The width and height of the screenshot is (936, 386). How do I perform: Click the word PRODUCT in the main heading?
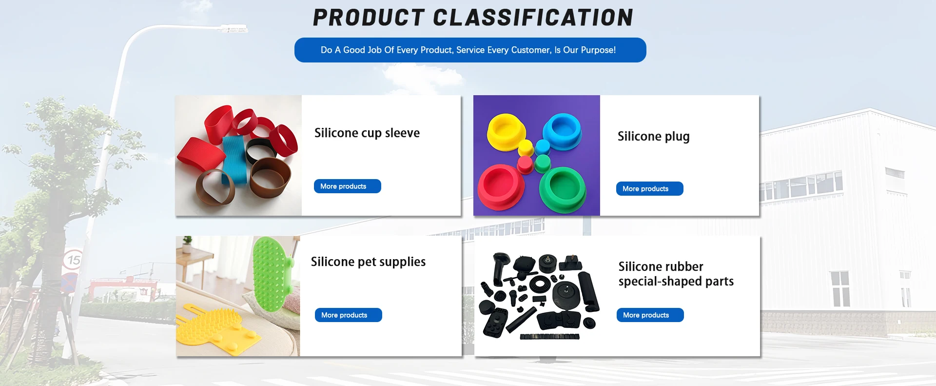coord(369,18)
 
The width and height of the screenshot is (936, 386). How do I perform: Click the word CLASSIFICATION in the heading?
coord(533,18)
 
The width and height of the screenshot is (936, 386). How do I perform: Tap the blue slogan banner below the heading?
coord(470,50)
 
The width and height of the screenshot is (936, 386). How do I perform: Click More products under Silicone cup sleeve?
coord(348,186)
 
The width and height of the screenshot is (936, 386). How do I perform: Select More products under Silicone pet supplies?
coord(349,315)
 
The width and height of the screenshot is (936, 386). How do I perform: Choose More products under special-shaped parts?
coord(650,315)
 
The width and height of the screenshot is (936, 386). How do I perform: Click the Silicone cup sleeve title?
coord(367,133)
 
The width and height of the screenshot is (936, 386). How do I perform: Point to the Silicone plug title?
coord(654,137)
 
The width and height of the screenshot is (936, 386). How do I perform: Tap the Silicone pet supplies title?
coord(369,262)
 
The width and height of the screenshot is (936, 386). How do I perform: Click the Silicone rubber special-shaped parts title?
coord(676,274)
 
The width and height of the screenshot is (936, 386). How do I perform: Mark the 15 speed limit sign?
coord(73,260)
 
